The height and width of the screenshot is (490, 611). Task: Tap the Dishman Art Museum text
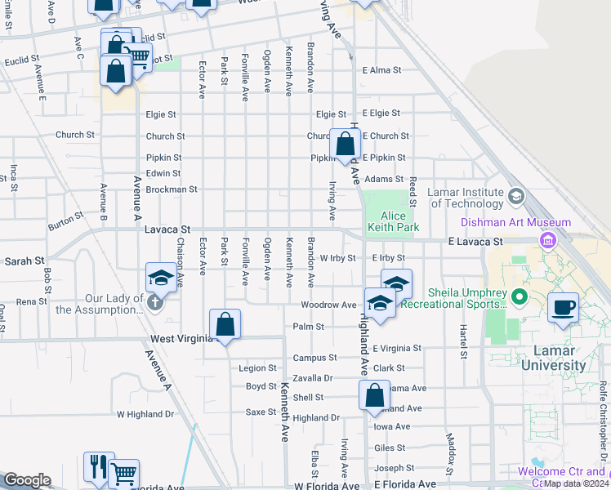[x=527, y=222]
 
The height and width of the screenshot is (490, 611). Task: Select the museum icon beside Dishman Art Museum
[x=547, y=240]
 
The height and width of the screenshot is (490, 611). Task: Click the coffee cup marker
[x=564, y=308]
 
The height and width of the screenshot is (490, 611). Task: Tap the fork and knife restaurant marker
[x=99, y=466]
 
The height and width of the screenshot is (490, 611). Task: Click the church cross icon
[x=155, y=302]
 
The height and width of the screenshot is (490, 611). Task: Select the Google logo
[x=27, y=480]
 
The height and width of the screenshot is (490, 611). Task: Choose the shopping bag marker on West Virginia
[x=225, y=324]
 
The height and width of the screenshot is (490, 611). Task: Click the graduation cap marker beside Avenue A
[x=161, y=278]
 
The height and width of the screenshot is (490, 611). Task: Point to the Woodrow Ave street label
[x=328, y=305]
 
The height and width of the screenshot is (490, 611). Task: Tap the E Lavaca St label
[x=475, y=242]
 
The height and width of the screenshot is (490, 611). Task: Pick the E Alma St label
[x=382, y=70]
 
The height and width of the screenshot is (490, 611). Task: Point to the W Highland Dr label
[x=145, y=414]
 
